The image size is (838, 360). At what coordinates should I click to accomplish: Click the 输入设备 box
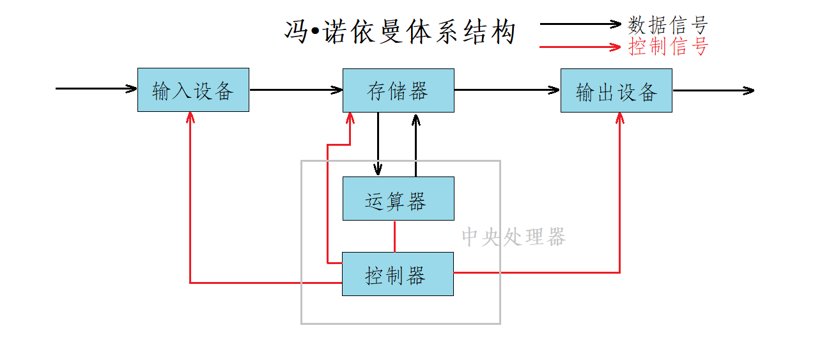click(x=193, y=90)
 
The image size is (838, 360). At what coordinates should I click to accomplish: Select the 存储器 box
click(x=398, y=90)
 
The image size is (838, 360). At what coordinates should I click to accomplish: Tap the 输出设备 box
click(x=616, y=91)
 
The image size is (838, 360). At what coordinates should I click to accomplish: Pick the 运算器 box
click(x=398, y=199)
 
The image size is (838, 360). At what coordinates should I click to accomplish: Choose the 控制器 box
click(x=398, y=274)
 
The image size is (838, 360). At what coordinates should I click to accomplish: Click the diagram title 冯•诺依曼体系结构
click(x=400, y=32)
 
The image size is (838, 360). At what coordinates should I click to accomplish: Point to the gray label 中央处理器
click(x=513, y=237)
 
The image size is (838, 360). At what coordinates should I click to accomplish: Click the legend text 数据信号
click(x=668, y=25)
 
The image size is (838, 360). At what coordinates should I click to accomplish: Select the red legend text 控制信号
click(x=668, y=47)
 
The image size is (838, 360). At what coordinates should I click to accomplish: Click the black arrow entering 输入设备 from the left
click(x=96, y=88)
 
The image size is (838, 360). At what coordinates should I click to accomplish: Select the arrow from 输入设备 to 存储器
click(x=296, y=90)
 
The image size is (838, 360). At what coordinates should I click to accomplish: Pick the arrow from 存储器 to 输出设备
click(x=507, y=90)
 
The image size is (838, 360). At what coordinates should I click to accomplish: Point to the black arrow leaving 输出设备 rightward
click(x=713, y=91)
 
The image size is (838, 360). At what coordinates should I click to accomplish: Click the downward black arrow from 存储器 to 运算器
click(x=378, y=144)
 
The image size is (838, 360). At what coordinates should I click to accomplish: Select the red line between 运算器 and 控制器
click(x=394, y=236)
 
